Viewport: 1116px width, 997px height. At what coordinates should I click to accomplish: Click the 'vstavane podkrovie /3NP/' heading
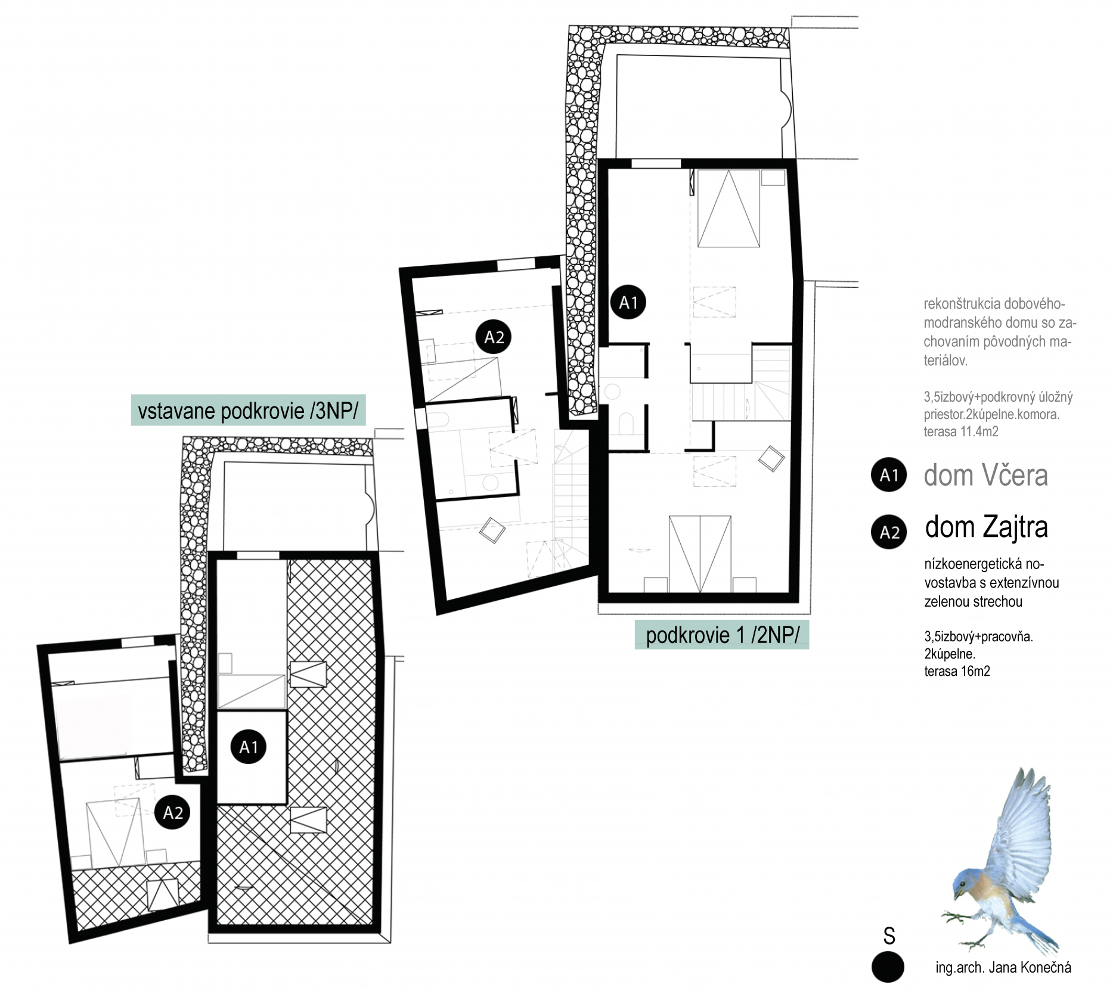coord(247,411)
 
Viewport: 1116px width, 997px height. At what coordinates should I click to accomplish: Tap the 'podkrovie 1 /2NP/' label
coord(722,635)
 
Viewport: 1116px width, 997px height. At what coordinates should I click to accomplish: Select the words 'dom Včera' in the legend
coord(985,475)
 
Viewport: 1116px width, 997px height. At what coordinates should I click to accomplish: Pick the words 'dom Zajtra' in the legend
coord(986,527)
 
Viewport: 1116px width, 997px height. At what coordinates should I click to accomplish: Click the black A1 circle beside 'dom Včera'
coord(889,475)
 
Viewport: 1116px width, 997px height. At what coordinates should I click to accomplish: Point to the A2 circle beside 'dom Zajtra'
coord(889,531)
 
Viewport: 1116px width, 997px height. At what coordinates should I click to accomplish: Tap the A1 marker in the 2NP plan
coord(628,303)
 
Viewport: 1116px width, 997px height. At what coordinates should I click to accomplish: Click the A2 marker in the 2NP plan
coord(494,337)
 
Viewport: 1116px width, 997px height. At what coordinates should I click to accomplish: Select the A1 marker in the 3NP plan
coord(249,747)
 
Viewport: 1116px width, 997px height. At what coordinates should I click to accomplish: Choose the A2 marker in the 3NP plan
coord(172,812)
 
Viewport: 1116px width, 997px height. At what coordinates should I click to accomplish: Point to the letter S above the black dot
coord(889,936)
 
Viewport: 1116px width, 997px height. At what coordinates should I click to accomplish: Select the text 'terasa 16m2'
coord(957,671)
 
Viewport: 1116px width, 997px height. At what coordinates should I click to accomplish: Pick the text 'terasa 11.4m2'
coord(961,431)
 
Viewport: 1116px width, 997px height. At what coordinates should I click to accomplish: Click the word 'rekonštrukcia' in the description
coord(962,304)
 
